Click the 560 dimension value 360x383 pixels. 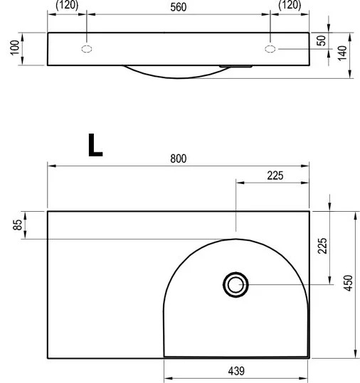coord(179,7)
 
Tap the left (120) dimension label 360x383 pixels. coord(67,5)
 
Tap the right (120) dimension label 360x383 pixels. coord(290,5)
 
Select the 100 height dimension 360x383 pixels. coord(15,48)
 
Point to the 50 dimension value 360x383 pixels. coord(322,41)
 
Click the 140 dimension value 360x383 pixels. coord(342,53)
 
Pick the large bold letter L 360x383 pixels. coord(95,145)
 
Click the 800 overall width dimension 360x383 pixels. coord(179,158)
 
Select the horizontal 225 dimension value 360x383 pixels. coord(275,176)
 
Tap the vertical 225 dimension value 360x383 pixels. coord(322,245)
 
